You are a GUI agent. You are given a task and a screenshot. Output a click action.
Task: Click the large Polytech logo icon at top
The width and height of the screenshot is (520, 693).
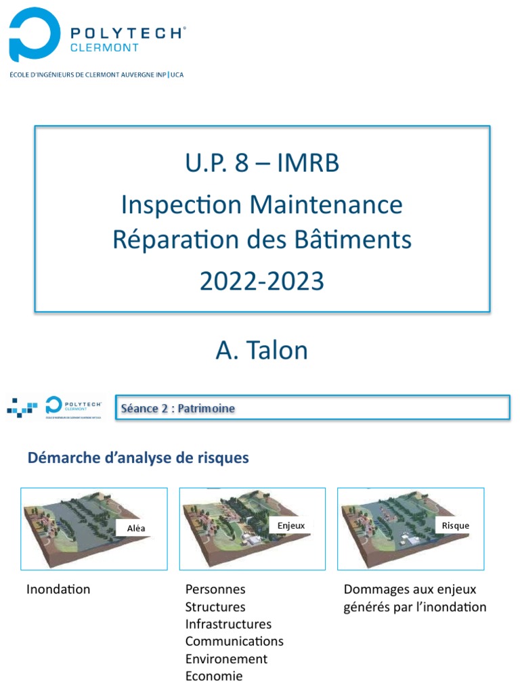click(x=30, y=35)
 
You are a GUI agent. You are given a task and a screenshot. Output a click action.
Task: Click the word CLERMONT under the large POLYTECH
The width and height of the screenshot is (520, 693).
click(x=105, y=48)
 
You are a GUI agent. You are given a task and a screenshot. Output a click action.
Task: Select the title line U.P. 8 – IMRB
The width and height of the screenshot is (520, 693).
click(x=261, y=163)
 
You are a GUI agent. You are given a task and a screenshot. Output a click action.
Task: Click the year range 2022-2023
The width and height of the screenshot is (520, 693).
click(x=261, y=281)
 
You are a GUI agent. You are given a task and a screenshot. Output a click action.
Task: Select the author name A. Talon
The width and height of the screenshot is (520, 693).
click(x=261, y=350)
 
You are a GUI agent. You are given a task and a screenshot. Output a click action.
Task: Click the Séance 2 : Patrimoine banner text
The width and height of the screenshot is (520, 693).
click(x=178, y=409)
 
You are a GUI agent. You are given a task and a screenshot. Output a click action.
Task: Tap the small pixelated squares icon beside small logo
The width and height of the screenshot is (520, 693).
click(x=22, y=408)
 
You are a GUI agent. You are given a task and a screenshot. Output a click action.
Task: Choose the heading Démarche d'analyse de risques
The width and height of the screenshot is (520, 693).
click(x=138, y=458)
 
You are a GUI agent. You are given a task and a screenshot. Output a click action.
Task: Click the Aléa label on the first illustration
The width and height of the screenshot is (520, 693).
click(x=136, y=529)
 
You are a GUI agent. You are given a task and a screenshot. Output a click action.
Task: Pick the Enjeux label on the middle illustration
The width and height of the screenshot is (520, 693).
click(x=291, y=525)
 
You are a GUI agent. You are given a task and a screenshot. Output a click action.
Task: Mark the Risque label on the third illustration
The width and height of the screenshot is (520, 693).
click(x=455, y=526)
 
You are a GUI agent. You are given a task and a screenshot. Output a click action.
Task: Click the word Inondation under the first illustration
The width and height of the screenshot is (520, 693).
click(x=58, y=589)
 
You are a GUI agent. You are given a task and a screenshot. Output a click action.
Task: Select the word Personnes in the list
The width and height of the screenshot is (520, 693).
click(x=215, y=589)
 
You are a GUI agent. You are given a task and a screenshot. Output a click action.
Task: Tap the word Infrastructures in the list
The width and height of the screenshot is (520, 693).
click(x=228, y=624)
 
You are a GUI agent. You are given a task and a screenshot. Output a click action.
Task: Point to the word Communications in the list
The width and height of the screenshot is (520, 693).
click(x=234, y=642)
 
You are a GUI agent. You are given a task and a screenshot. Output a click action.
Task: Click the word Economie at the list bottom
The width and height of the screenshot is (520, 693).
click(x=214, y=676)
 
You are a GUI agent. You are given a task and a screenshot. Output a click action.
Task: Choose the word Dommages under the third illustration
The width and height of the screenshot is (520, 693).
click(x=376, y=589)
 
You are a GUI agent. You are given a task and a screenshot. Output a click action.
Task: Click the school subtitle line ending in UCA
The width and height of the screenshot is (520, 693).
click(x=95, y=75)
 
